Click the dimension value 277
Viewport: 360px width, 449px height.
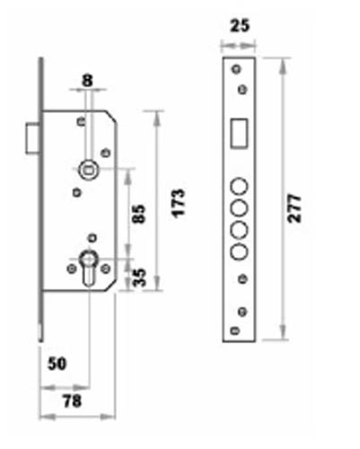coord(294,208)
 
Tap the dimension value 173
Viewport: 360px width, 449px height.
coord(179,203)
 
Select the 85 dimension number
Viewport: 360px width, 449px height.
coord(139,214)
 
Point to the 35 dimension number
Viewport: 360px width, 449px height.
coord(139,277)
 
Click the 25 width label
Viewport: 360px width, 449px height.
coord(240,25)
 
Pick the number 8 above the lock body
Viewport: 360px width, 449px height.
coord(87,81)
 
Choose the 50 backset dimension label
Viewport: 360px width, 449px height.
coord(57,364)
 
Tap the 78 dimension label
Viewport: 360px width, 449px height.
coord(72,401)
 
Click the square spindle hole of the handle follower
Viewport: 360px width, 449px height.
coord(87,171)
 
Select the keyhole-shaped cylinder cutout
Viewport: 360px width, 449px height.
coord(89,268)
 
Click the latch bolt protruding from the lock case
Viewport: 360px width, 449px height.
coord(32,138)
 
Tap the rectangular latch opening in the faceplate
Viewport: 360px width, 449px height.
coord(239,133)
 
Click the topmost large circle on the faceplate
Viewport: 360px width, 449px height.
coord(239,186)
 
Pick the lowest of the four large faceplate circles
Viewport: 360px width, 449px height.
coord(239,251)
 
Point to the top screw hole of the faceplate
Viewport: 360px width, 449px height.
coord(236,69)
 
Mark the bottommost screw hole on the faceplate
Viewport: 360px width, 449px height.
coord(234,330)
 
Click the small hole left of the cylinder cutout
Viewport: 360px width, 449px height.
coord(72,269)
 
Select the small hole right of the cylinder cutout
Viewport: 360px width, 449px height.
coord(105,269)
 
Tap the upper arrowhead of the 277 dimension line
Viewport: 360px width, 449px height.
coord(282,66)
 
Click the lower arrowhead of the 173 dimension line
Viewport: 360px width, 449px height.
coord(157,283)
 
